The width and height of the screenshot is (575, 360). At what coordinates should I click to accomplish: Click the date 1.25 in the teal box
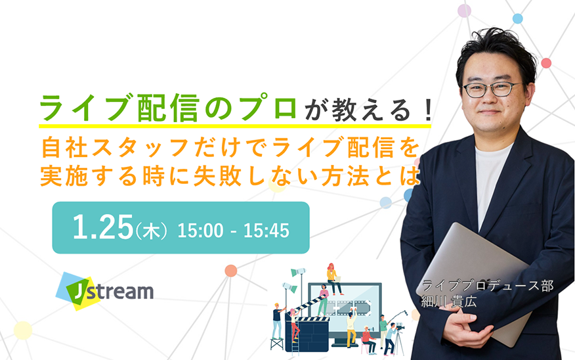102,227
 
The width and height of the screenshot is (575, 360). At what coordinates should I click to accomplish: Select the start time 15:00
200,231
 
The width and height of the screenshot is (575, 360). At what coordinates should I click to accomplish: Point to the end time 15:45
266,231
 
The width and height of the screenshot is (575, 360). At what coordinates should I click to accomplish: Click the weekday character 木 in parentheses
151,232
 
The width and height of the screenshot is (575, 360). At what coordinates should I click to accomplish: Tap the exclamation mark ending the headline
427,111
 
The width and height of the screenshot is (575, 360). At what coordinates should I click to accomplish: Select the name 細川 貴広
448,302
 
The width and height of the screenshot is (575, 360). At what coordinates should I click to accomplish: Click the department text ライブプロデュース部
488,286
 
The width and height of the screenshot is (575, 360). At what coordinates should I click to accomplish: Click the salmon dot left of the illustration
230,271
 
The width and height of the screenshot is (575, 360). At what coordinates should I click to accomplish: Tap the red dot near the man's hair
546,63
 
